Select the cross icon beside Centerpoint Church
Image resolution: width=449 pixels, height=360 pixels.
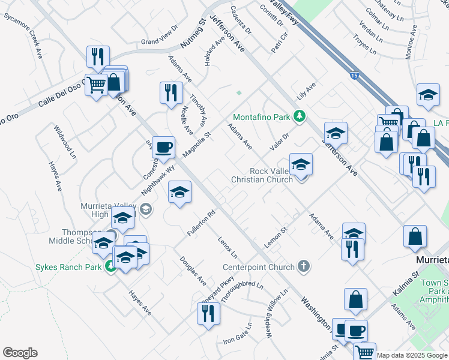(x=304, y=267)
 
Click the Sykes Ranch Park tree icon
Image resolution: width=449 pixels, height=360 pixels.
(x=110, y=267)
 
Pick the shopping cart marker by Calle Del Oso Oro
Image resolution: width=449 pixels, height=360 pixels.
(x=95, y=85)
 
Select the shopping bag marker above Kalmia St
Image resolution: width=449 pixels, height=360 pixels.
(x=415, y=237)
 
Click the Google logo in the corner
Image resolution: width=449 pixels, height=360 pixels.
(x=20, y=353)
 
